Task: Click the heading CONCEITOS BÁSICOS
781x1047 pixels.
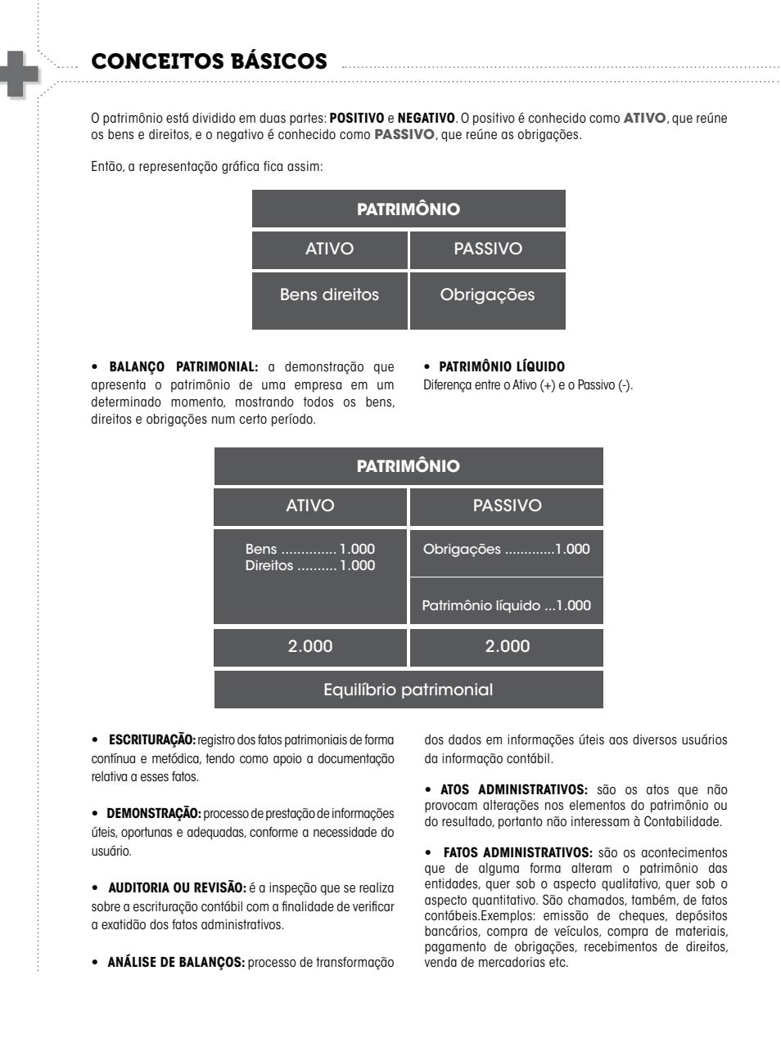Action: pos(209,62)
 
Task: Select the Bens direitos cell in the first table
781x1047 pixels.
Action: pos(329,295)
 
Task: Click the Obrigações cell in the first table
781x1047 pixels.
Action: pos(487,295)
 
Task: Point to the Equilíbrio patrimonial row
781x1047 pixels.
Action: pos(409,690)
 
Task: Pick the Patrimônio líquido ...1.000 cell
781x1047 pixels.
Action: pos(506,606)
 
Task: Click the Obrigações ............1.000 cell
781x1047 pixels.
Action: pos(506,550)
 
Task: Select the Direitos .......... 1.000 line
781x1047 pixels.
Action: pos(310,566)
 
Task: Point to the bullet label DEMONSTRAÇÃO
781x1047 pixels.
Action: pos(154,814)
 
